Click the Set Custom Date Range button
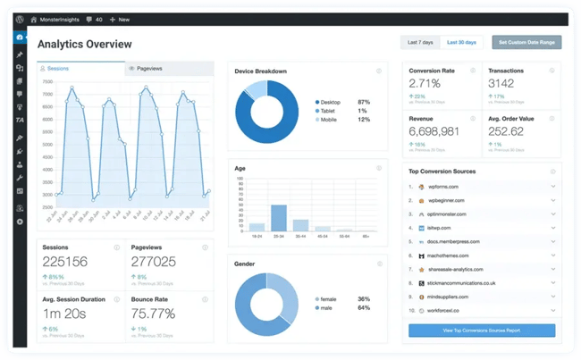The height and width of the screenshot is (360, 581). [526, 42]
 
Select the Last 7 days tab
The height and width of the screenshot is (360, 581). [420, 42]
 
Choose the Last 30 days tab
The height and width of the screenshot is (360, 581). [462, 42]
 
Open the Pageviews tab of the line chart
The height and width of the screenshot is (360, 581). [147, 68]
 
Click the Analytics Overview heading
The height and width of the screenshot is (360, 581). [85, 45]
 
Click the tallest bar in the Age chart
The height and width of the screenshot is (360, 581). [279, 218]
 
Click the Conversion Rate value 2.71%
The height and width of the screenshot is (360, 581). [425, 83]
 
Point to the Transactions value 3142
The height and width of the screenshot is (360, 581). [501, 83]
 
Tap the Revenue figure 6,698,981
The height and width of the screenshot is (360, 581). [434, 131]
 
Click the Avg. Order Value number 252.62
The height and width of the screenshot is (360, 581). [507, 131]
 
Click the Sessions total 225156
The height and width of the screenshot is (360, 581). [65, 262]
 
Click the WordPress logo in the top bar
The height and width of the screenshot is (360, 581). [20, 19]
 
